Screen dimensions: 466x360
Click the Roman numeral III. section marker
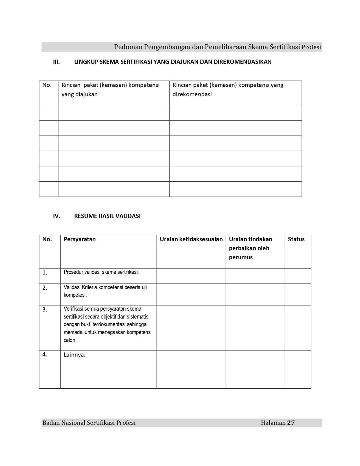[x=56, y=62]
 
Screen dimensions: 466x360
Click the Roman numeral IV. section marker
[x=56, y=216]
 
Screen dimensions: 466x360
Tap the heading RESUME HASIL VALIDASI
[x=107, y=216]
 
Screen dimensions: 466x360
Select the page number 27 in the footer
[x=291, y=423]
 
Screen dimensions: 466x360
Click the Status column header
[x=296, y=239]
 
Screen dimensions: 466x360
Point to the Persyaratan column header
[x=80, y=239]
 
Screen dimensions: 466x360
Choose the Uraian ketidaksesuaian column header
[x=191, y=239]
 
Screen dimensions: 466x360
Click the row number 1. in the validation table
[x=45, y=273]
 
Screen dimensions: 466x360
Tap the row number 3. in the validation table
[x=45, y=310]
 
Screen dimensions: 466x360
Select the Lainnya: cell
[x=75, y=355]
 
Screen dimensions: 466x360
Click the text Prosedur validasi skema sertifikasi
[x=101, y=272]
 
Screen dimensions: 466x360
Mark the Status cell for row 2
[x=298, y=294]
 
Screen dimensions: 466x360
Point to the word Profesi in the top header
[x=311, y=47]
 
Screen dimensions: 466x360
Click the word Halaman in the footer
[x=273, y=423]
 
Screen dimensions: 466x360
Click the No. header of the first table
[x=47, y=85]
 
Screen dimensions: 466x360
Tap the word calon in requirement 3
[x=69, y=340]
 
